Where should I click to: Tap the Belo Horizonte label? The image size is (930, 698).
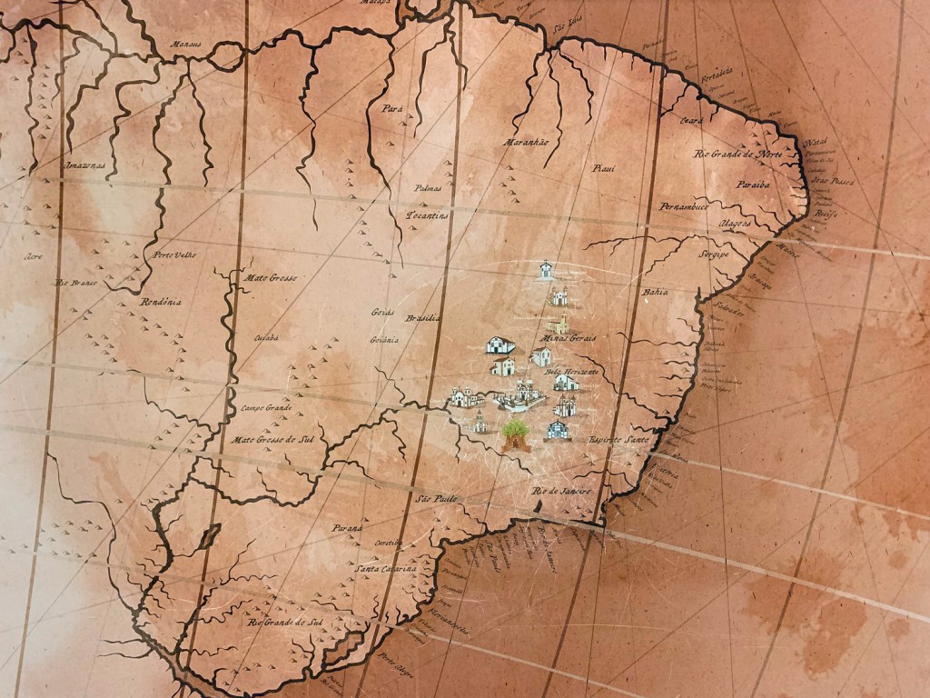click(x=571, y=373)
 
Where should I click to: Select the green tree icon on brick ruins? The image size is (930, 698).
click(x=516, y=435)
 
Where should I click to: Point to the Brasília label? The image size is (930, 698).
click(x=423, y=319)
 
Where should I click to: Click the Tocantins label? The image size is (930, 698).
click(x=427, y=216)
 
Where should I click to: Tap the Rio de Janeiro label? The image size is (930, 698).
click(x=561, y=492)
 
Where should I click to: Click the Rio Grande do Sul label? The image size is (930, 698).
click(x=286, y=623)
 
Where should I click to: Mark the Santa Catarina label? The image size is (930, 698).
click(x=387, y=569)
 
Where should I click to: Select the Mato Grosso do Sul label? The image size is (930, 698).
click(x=272, y=440)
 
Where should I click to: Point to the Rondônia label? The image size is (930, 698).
click(x=162, y=301)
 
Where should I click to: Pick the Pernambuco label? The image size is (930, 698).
click(x=683, y=206)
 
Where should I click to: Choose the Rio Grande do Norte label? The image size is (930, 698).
click(x=737, y=154)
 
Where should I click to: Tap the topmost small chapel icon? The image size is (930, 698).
click(x=546, y=271)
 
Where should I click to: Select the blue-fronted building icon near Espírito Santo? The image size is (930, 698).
click(x=558, y=430)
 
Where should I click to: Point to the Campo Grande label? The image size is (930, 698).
click(x=267, y=408)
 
